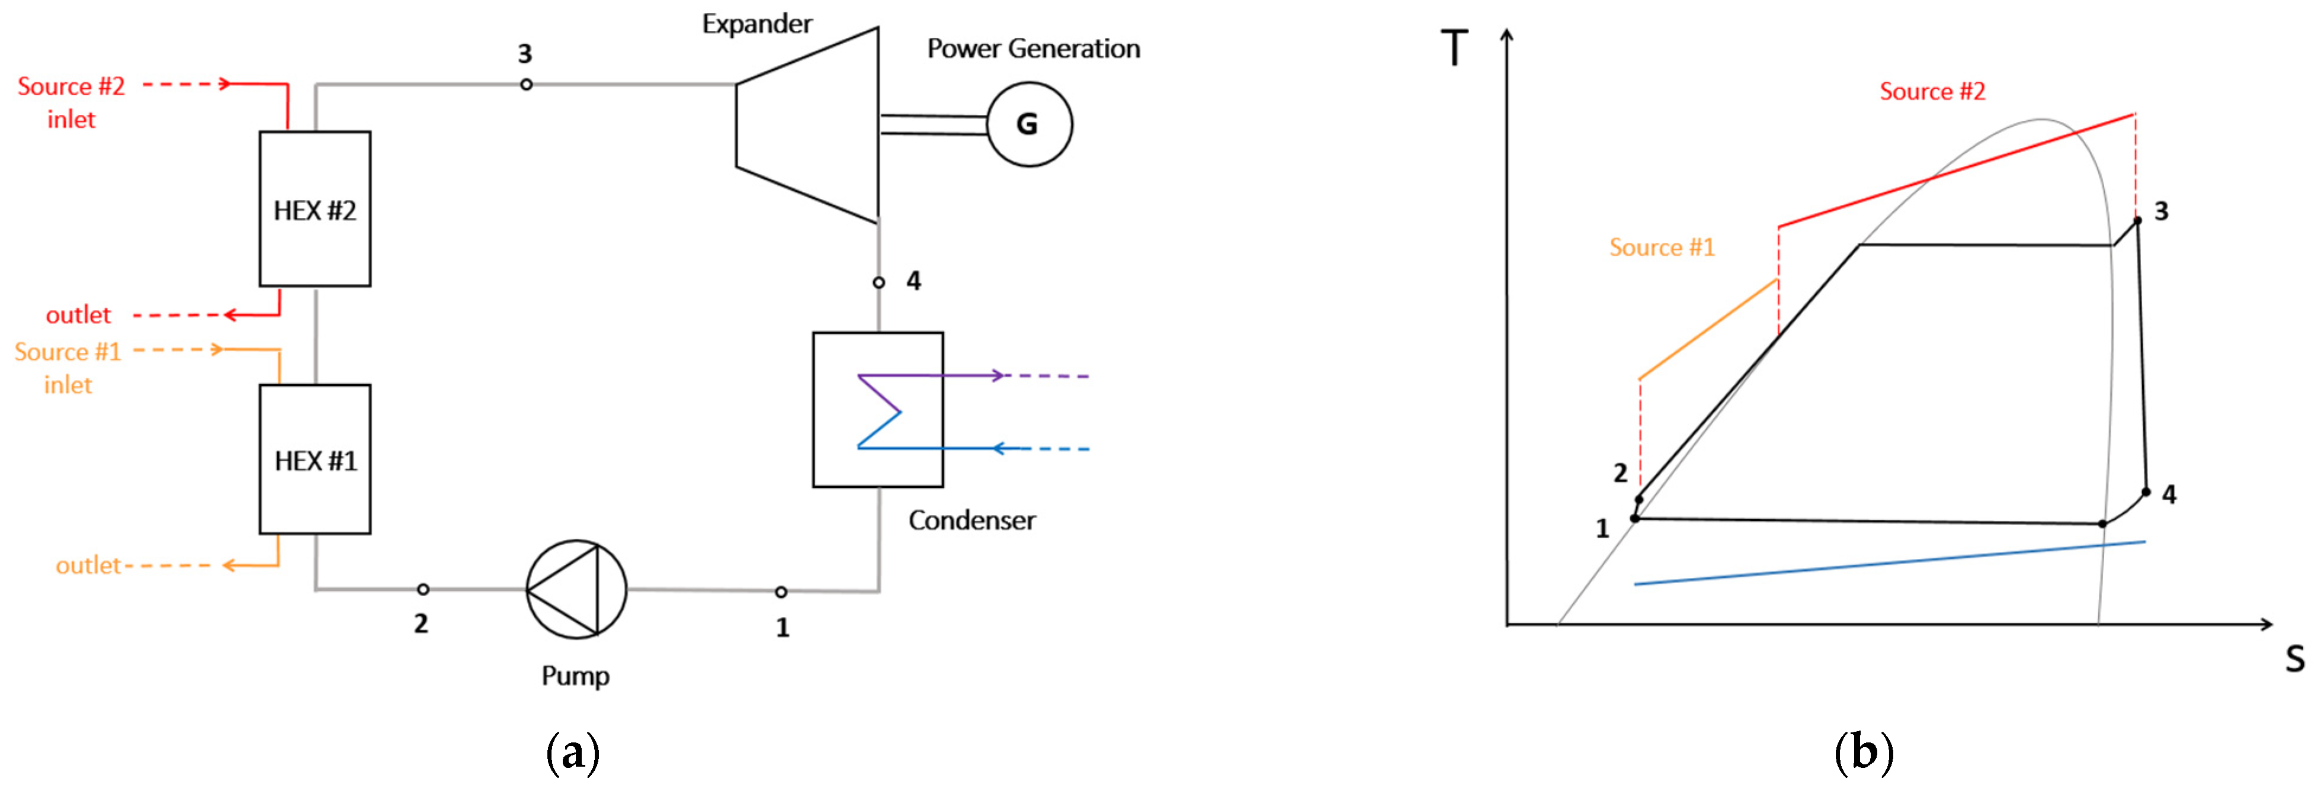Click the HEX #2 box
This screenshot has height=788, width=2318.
[x=315, y=210]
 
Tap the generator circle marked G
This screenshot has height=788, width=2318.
[x=1028, y=124]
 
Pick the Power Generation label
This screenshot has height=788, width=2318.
[x=1033, y=49]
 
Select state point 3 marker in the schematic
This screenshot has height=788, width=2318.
[x=527, y=85]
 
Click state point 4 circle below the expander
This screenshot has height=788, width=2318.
[x=879, y=282]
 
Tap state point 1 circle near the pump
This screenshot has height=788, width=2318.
[x=780, y=592]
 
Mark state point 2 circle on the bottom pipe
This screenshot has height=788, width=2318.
[x=422, y=589]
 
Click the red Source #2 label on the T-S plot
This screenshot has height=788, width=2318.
[x=1932, y=91]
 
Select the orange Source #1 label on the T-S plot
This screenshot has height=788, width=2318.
[x=1661, y=247]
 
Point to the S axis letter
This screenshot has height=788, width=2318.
[x=2295, y=660]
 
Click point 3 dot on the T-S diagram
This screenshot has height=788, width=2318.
[x=2137, y=220]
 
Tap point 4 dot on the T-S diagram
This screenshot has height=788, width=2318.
[x=2145, y=492]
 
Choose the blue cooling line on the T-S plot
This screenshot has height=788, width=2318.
[x=1890, y=563]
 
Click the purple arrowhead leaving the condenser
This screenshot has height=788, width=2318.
[x=996, y=375]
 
